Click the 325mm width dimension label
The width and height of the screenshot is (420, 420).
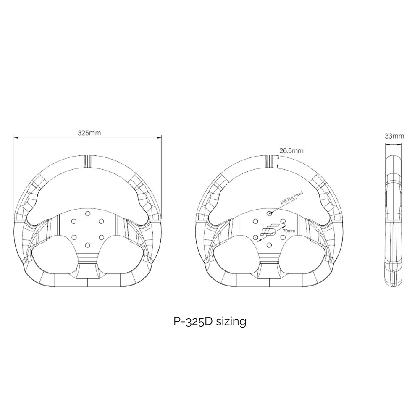pos(89,133)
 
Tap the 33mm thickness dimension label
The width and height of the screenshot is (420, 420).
pos(394,136)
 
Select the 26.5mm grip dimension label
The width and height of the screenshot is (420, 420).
pos(291,150)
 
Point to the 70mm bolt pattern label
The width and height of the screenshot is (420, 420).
pos(289,231)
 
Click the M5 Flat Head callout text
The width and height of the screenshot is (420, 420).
pos(291,197)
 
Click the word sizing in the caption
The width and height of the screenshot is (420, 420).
pos(231,321)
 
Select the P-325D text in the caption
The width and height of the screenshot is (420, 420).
pos(193,321)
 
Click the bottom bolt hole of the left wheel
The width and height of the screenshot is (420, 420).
pos(88,245)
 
